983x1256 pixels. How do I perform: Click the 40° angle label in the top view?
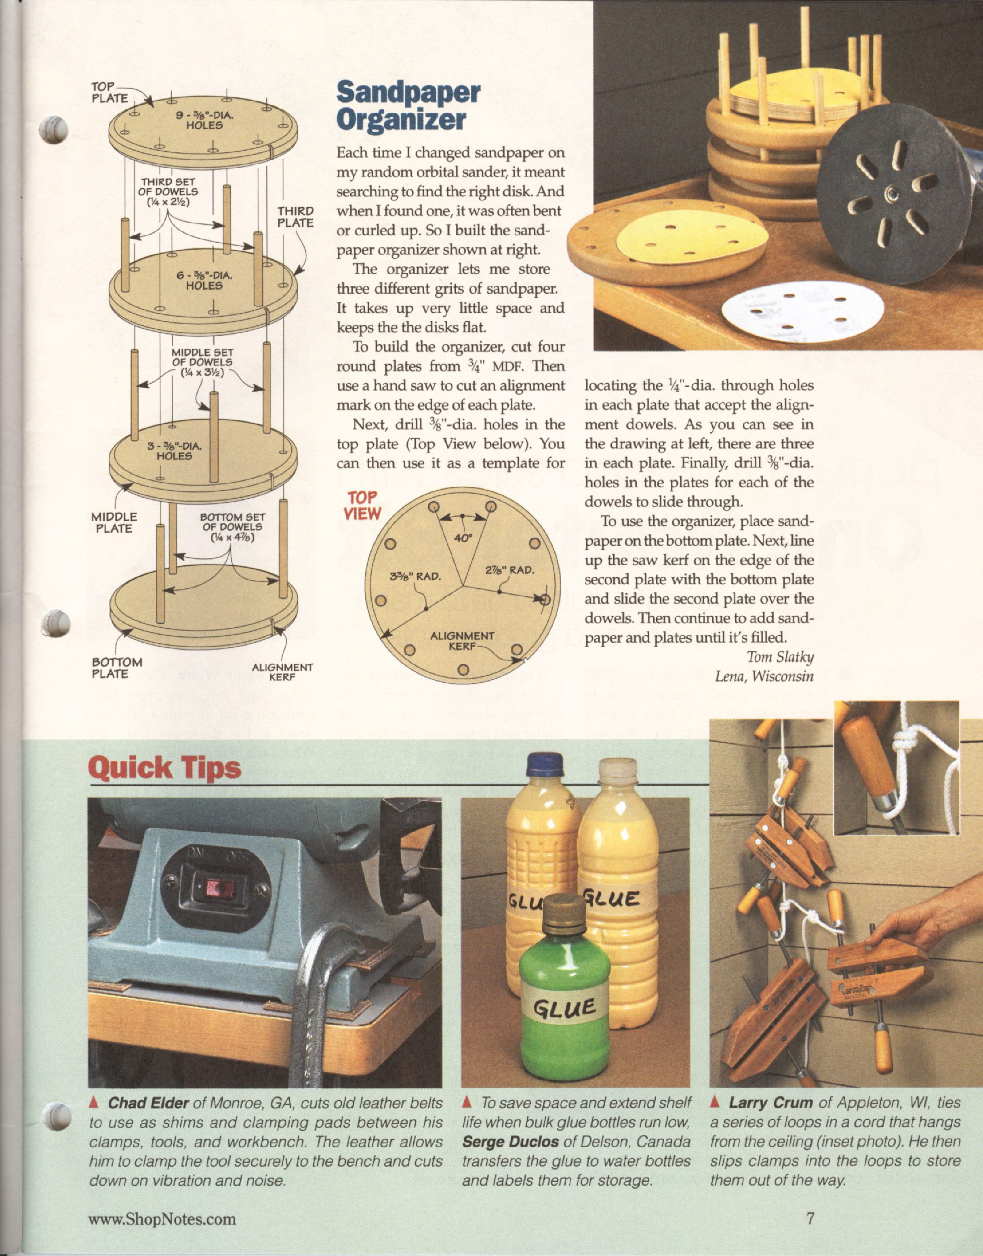[463, 537]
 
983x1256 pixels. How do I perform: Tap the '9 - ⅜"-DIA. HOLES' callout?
[204, 120]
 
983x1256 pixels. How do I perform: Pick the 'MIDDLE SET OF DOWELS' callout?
[202, 362]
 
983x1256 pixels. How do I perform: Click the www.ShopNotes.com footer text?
[162, 1219]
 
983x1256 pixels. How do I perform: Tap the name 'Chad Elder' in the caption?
[148, 1103]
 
